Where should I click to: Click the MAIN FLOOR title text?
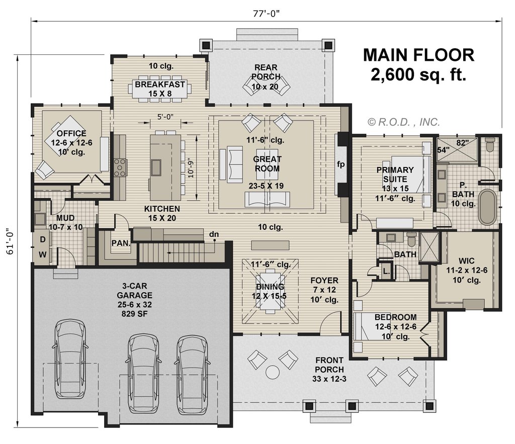coord(418,55)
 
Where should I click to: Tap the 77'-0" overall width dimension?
coord(267,13)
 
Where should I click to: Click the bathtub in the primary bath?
coord(487,207)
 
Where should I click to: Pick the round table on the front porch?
coord(273,372)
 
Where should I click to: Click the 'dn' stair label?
coord(214,234)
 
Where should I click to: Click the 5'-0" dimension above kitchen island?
coord(165,117)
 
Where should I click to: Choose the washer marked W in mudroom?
coord(43,254)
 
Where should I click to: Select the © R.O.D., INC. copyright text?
coord(404,122)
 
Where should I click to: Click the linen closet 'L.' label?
coord(385,270)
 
